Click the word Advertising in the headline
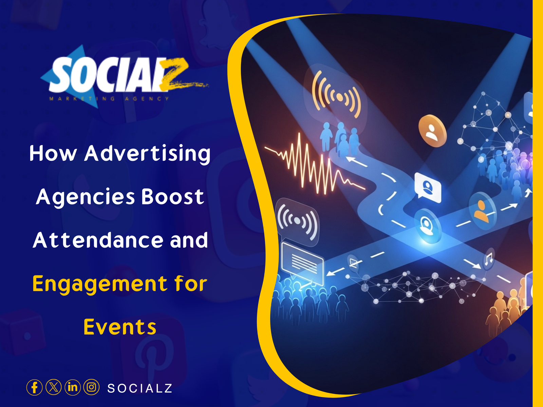coord(147,154)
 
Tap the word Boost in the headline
coord(172,197)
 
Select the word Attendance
coord(98,240)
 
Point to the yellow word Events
coord(120,327)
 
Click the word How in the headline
coord(53,154)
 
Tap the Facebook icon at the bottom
coord(34,387)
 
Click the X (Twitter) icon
coord(53,387)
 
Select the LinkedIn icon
coord(72,387)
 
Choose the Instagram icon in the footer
coord(91,387)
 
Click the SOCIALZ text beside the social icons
coord(140,388)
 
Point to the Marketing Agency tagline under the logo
coord(109,99)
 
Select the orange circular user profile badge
coord(432,131)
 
